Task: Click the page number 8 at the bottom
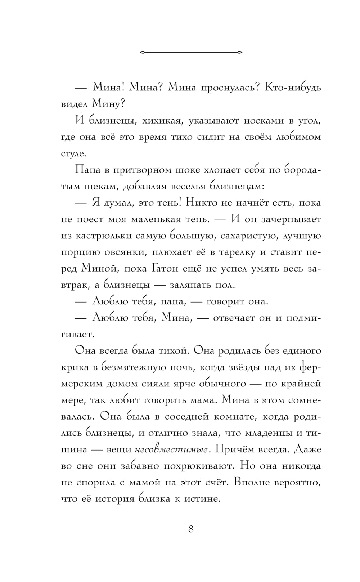[x=191, y=529]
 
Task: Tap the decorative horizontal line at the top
[x=191, y=52]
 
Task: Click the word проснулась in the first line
[x=229, y=88]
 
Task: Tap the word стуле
[x=74, y=154]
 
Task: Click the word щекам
[x=100, y=186]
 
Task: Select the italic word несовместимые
[x=172, y=450]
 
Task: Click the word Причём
[x=233, y=450]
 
